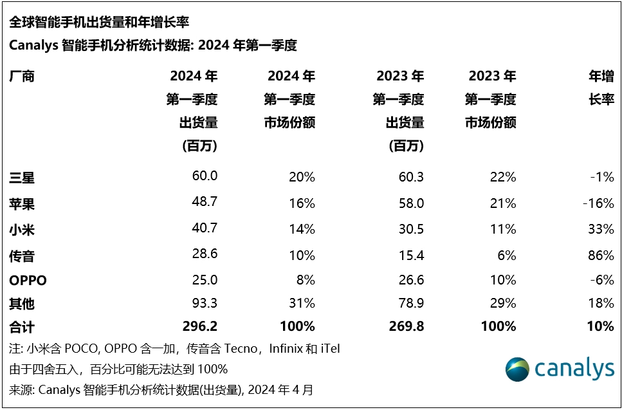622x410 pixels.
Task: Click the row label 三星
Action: (22, 177)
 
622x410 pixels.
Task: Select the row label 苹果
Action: (22, 203)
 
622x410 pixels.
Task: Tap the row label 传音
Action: (22, 256)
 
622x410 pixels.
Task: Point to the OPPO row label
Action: (28, 281)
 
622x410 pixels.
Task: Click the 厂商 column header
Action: (22, 77)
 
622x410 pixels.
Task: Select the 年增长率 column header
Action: (601, 88)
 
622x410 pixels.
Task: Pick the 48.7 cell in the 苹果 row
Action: (205, 203)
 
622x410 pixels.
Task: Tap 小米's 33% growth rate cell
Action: (601, 229)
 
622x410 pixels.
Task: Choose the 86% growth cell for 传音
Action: (601, 256)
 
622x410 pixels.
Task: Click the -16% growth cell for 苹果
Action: (598, 203)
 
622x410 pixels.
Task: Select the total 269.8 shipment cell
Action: (407, 326)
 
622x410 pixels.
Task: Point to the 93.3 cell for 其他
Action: (205, 303)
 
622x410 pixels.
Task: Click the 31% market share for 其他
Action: (302, 303)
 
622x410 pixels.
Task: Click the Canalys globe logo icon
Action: (518, 369)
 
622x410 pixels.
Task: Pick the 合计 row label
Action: (22, 327)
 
